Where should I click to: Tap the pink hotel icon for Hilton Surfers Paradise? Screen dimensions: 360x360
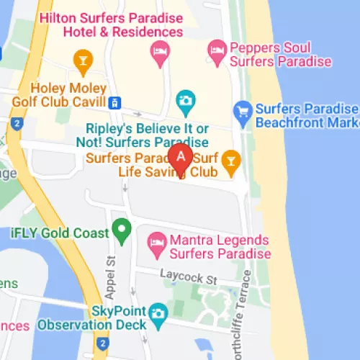tap(158, 50)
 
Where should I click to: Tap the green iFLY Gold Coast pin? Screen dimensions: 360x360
tap(122, 232)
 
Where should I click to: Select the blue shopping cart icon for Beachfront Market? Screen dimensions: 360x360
tap(243, 109)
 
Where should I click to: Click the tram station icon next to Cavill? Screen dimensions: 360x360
tap(116, 103)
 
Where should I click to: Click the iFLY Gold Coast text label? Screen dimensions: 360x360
tap(60, 233)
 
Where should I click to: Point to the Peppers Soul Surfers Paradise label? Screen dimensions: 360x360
tap(281, 55)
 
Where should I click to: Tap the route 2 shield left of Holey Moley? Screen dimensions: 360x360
tap(17, 124)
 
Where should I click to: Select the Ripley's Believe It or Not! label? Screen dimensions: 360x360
tap(143, 135)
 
